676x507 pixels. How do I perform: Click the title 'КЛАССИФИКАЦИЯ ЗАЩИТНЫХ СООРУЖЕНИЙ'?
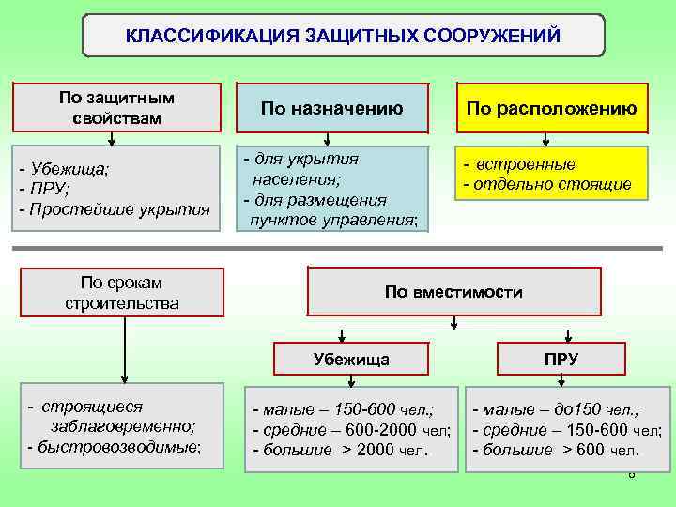pyautogui.click(x=343, y=36)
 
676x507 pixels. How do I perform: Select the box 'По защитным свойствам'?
pyautogui.click(x=116, y=107)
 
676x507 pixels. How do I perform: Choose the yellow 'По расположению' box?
pyautogui.click(x=551, y=109)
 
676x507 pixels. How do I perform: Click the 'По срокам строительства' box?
pyautogui.click(x=122, y=292)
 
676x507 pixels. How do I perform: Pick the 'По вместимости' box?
pyautogui.click(x=453, y=292)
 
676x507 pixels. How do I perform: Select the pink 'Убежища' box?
pyautogui.click(x=350, y=359)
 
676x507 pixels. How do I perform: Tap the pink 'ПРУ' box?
pyautogui.click(x=561, y=359)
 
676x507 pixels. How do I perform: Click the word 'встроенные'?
pyautogui.click(x=525, y=164)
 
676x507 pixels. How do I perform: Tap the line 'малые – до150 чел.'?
pyautogui.click(x=560, y=409)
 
